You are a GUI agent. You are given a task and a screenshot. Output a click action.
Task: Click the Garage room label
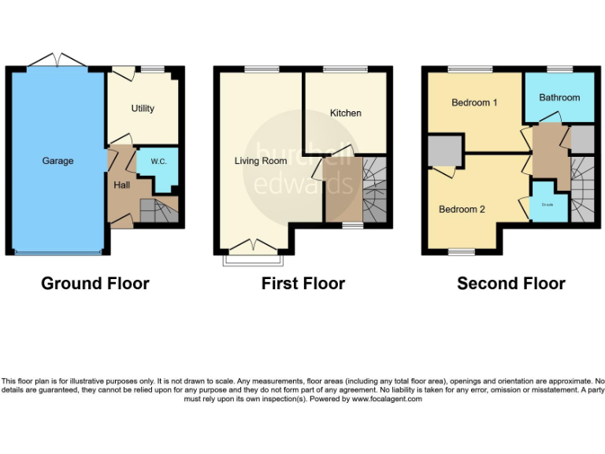point(58,161)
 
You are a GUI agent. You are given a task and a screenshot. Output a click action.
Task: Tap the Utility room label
point(143,109)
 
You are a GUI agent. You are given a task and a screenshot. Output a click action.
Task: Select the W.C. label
point(158,162)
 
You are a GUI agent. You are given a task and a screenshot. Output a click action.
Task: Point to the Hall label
point(122,185)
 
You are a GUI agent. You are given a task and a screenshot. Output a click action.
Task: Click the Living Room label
point(260,161)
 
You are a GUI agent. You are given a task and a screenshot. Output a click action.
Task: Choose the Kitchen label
point(345,113)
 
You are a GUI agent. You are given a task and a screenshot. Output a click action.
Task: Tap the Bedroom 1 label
point(474,102)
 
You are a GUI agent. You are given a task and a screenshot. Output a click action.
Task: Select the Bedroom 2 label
point(462,210)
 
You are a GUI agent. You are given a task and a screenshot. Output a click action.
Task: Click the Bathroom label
point(559,98)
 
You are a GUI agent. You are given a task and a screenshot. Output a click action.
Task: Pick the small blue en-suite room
point(547,203)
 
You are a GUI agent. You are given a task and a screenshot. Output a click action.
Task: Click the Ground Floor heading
point(95,284)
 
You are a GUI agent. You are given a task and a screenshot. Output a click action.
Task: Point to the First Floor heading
point(303,284)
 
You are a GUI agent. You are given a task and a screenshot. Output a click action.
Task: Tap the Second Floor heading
point(511,284)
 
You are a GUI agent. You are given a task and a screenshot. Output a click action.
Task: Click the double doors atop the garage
point(58,60)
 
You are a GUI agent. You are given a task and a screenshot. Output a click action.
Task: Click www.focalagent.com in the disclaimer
point(387,399)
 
